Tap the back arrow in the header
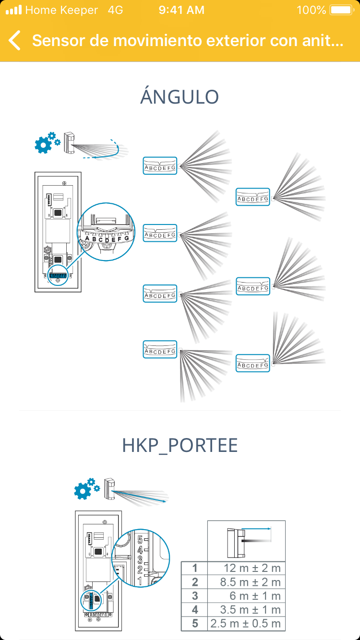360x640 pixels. [15, 41]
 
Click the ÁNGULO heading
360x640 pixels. [180, 97]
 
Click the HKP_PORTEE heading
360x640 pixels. [180, 446]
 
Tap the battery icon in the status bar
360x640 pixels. [341, 10]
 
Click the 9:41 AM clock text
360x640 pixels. [181, 10]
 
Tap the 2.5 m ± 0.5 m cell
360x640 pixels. [246, 624]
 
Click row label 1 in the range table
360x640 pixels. [195, 569]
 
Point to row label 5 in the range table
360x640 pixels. [195, 624]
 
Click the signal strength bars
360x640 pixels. [13, 10]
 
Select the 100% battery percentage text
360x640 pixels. [312, 10]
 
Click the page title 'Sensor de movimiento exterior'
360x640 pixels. [188, 41]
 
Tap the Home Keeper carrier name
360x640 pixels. [61, 10]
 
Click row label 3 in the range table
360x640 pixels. [195, 596]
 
